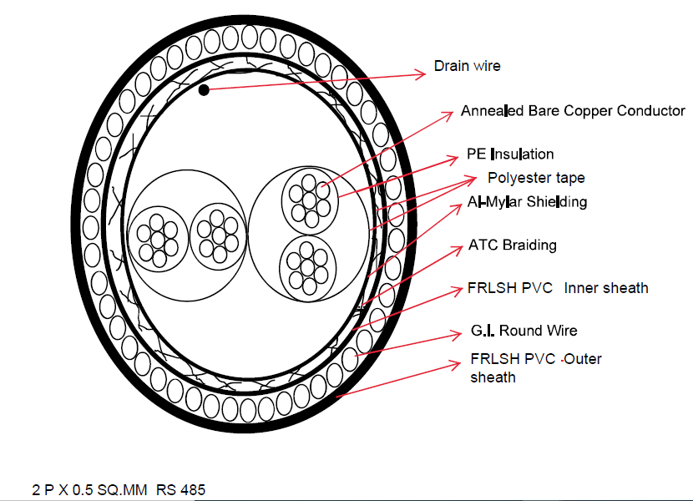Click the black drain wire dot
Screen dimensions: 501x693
coord(203,89)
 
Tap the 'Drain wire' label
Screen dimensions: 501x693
coord(467,65)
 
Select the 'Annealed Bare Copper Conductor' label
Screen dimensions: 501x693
coord(573,111)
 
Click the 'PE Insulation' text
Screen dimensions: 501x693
coord(510,154)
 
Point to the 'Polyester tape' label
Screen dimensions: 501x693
coord(536,178)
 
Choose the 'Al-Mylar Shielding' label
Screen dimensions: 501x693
coord(527,202)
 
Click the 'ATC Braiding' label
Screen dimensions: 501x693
coord(512,245)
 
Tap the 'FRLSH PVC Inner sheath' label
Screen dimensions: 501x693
coord(558,288)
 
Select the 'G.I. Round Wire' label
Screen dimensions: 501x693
coord(524,331)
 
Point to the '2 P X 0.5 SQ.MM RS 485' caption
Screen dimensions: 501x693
coord(119,489)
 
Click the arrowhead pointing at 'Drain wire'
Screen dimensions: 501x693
coord(423,73)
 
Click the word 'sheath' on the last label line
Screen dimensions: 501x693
coord(493,377)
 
